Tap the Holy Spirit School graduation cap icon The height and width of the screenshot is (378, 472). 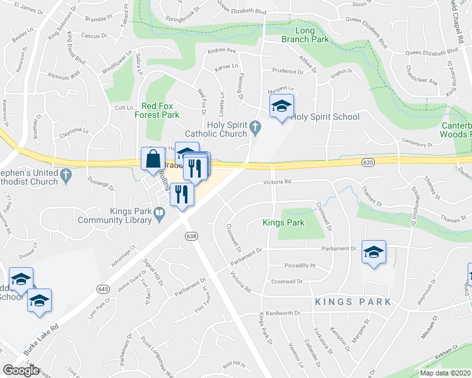281,107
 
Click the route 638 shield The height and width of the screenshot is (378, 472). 191,236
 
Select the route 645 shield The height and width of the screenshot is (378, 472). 103,289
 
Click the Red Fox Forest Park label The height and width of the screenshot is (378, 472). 161,110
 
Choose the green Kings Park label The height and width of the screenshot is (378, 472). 283,222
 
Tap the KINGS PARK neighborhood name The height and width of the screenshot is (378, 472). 353,302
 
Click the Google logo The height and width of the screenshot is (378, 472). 21,370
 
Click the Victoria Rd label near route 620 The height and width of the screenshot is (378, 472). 277,183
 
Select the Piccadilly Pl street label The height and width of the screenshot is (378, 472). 298,265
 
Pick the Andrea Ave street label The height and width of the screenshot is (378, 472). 221,50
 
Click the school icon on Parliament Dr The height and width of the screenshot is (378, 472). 374,253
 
